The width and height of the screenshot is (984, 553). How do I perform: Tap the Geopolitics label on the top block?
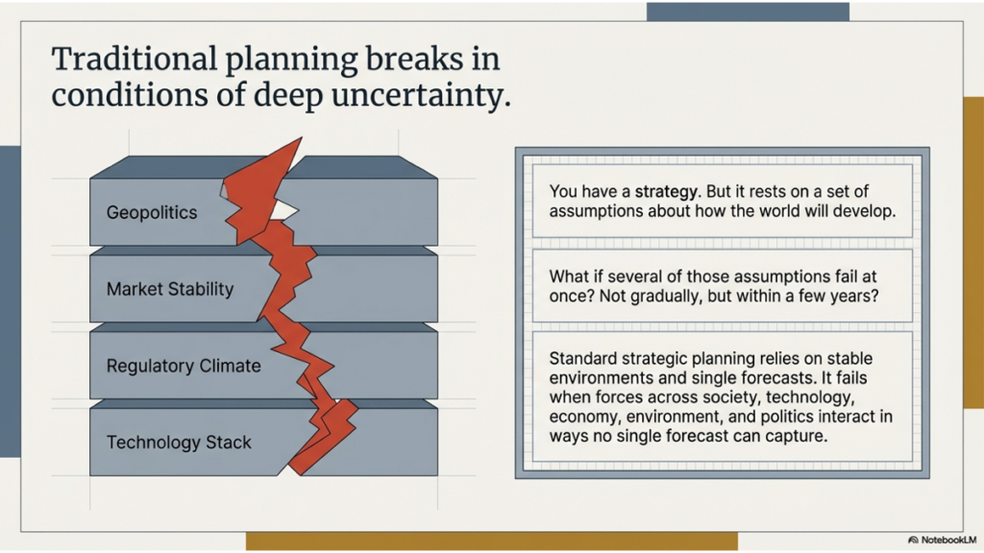pyautogui.click(x=152, y=212)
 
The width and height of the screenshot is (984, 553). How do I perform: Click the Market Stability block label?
pyautogui.click(x=170, y=289)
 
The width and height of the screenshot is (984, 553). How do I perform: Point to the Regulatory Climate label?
pyautogui.click(x=183, y=366)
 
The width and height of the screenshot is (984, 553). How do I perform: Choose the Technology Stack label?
pyautogui.click(x=179, y=443)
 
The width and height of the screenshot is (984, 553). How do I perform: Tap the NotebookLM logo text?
pyautogui.click(x=946, y=540)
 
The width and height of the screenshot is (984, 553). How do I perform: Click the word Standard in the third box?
pyautogui.click(x=581, y=358)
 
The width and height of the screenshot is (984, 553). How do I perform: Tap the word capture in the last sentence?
pyautogui.click(x=794, y=436)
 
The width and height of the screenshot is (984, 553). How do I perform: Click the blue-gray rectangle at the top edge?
pyautogui.click(x=747, y=12)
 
